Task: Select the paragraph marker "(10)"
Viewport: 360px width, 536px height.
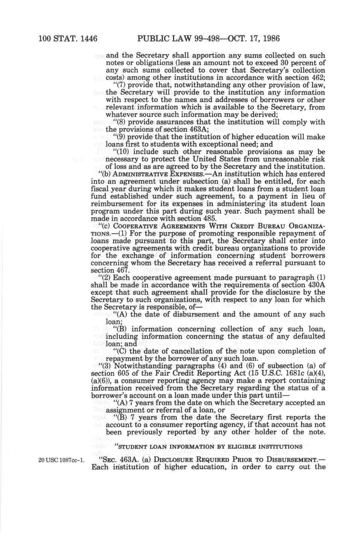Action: [121, 152]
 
